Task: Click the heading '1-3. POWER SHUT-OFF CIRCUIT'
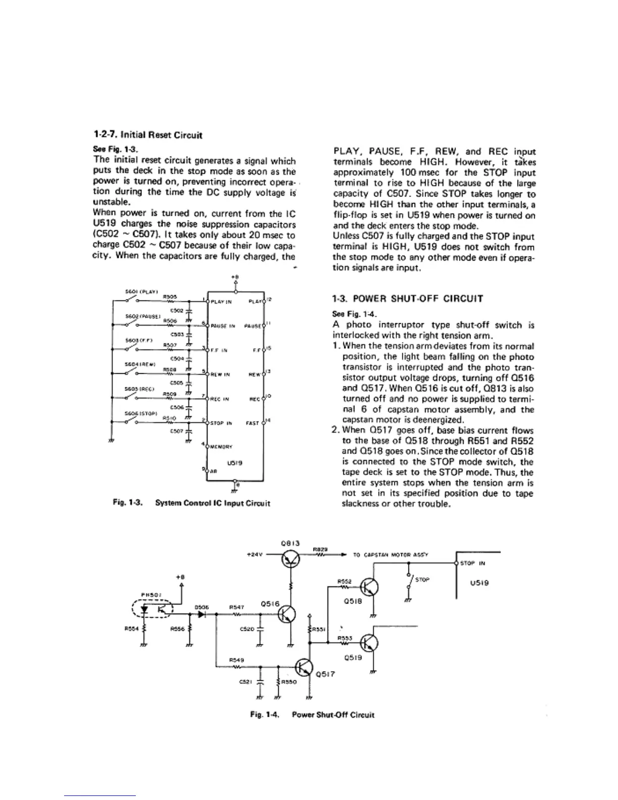407,298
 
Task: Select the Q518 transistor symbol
372,588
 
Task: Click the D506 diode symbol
202,615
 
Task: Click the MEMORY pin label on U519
221,446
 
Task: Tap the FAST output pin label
252,423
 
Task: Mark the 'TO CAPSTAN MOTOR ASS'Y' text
390,555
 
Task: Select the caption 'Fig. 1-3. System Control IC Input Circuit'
191,503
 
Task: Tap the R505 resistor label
169,297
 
